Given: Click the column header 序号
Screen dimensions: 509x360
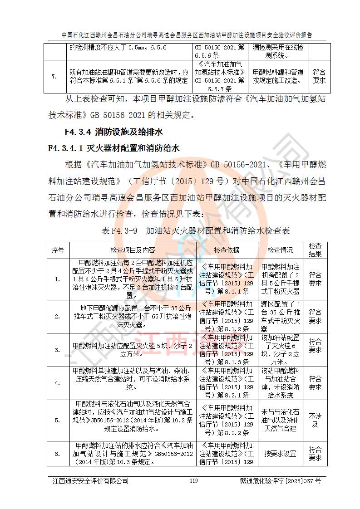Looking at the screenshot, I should click(58, 250).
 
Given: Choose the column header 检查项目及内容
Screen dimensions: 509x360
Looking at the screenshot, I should click(133, 250).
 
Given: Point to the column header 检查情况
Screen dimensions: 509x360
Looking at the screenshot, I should click(280, 250).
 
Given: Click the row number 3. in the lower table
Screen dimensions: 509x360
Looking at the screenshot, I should click(58, 350).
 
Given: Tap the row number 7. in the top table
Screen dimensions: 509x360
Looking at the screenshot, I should click(54, 76).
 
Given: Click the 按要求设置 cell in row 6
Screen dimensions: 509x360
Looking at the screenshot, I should click(280, 453).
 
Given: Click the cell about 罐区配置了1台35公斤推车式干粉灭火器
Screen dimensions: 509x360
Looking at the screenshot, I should click(280, 317).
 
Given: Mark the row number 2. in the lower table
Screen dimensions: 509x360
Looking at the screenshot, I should click(58, 317).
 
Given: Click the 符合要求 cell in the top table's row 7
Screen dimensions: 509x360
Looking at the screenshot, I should click(319, 76).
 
